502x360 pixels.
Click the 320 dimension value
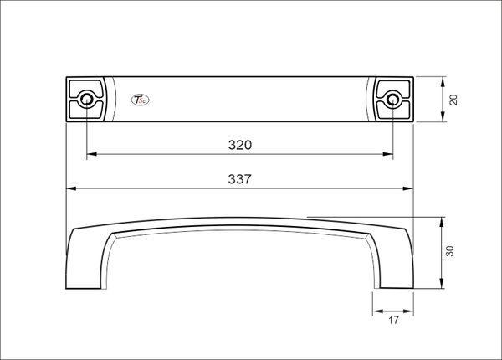pos(240,145)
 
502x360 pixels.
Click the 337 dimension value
pos(240,179)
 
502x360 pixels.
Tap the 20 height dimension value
pos(453,100)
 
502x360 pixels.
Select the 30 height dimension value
pos(450,251)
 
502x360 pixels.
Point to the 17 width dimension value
pos(393,320)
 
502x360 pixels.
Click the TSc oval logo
pos(141,100)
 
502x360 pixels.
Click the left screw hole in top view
pos(86,99)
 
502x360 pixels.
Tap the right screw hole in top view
pos(393,99)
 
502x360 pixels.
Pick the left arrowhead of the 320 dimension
pos(91,154)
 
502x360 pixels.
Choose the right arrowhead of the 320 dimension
pos(388,154)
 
